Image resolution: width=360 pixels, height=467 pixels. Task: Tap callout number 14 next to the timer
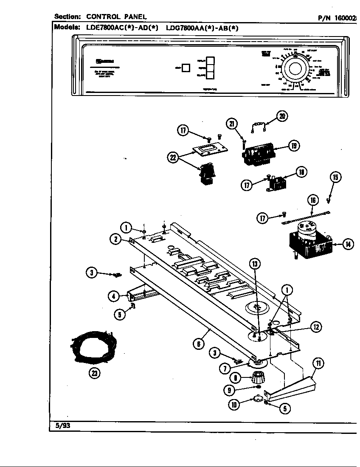point(348,245)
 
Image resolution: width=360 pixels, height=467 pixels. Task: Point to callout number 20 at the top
point(282,115)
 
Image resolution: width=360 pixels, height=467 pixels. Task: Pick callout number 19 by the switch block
point(293,146)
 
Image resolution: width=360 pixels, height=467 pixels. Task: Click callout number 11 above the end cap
point(318,363)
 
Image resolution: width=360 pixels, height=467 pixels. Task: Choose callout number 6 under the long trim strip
point(198,344)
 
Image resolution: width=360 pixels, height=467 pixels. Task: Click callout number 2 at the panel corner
point(115,239)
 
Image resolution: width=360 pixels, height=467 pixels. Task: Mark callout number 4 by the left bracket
point(113,296)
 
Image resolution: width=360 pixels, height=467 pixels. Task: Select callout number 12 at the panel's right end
point(315,326)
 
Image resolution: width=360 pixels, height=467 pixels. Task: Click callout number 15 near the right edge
point(335,177)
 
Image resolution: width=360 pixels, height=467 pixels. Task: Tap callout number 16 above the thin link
point(313,200)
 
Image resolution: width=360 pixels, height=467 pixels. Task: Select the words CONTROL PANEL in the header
point(116,17)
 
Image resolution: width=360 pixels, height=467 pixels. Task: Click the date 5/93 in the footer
point(63,426)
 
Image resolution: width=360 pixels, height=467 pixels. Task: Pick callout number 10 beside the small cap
point(234,405)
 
